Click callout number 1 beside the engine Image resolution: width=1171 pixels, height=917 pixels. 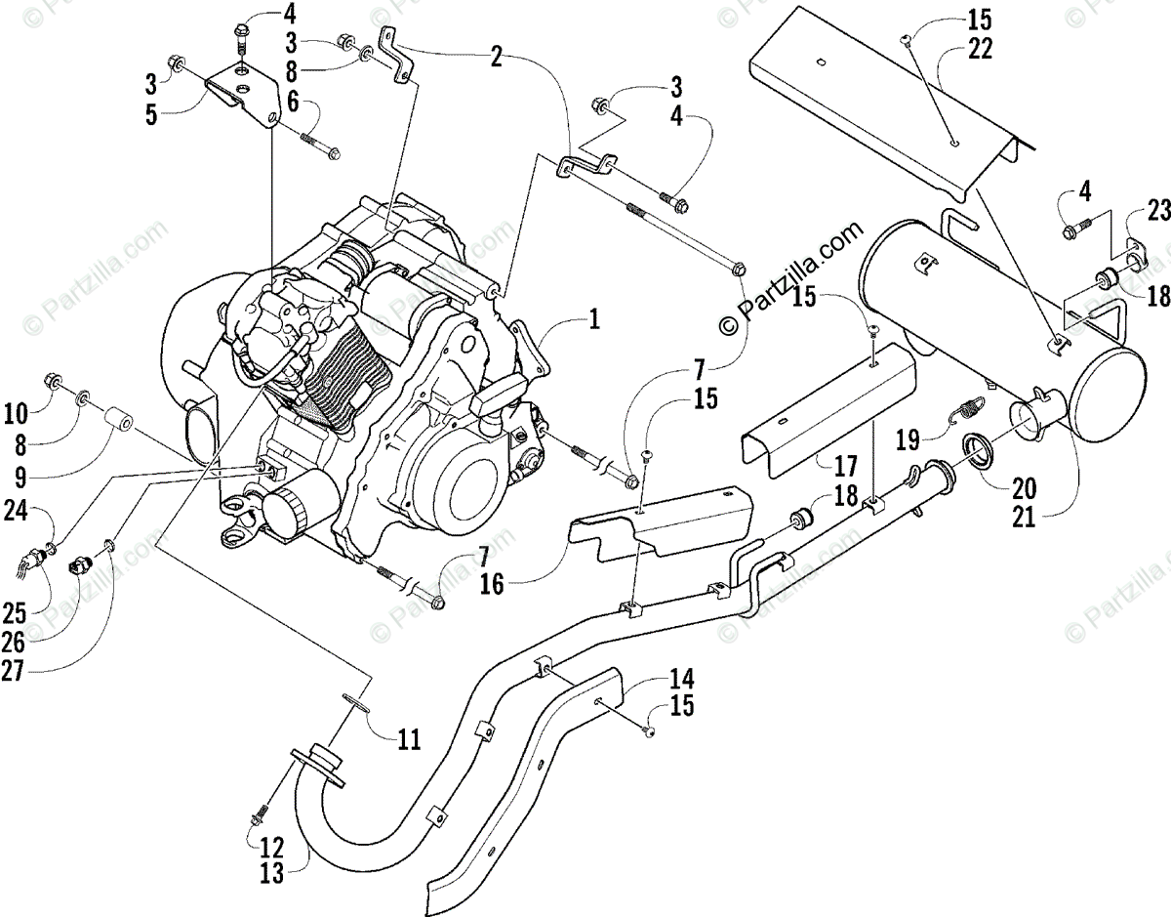pos(595,319)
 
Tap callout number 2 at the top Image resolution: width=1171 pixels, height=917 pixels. pos(497,57)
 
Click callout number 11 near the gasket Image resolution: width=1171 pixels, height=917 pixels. pos(409,739)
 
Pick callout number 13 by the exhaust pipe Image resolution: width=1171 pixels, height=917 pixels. pos(272,874)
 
